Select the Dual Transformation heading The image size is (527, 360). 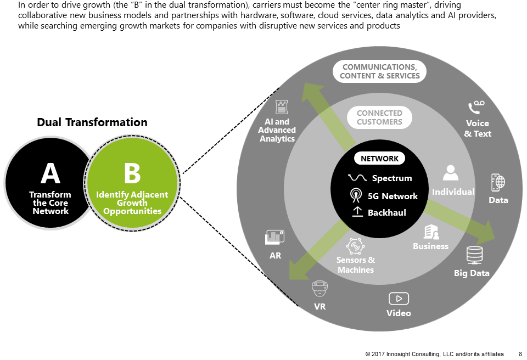click(92, 122)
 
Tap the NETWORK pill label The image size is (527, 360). click(379, 159)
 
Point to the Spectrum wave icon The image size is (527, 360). click(357, 178)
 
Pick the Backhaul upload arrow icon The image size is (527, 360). click(357, 212)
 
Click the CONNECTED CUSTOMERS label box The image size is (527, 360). click(379, 117)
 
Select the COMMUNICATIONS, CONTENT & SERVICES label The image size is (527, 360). click(379, 72)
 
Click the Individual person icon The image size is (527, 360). click(451, 173)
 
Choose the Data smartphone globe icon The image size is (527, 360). click(498, 183)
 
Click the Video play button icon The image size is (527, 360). click(399, 299)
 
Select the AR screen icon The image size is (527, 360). click(274, 238)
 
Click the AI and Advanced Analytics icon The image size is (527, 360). click(282, 106)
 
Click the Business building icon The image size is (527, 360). click(431, 232)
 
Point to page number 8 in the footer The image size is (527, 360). click(520, 354)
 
